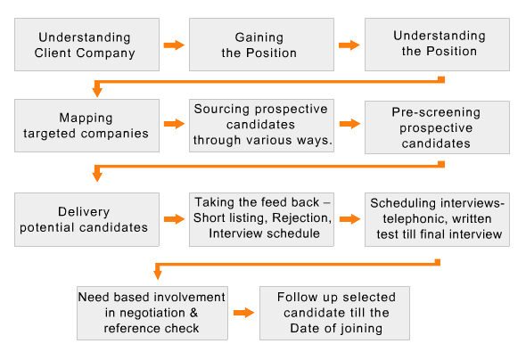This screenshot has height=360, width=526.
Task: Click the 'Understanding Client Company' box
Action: click(86, 45)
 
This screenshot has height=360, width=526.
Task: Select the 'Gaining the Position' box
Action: click(261, 45)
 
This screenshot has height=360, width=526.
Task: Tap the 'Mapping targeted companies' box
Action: click(86, 126)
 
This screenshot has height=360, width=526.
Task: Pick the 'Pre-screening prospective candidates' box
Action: click(437, 127)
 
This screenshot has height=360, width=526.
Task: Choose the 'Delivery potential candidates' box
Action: click(86, 219)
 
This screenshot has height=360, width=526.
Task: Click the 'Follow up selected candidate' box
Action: click(334, 313)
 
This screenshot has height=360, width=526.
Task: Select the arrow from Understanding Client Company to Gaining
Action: click(174, 45)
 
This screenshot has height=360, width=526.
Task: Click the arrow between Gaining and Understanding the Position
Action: click(349, 45)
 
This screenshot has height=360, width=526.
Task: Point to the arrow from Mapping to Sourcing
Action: click(174, 124)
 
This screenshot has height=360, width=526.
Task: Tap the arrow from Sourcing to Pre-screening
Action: click(349, 124)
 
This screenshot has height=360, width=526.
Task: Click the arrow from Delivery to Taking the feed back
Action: click(174, 219)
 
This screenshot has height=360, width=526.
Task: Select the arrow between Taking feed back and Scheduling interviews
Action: click(349, 219)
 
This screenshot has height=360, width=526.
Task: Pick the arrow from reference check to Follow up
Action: click(244, 313)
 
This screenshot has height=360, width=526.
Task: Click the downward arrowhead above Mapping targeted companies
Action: click(97, 92)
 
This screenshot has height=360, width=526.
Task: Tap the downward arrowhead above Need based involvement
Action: click(158, 274)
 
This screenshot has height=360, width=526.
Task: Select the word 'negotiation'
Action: click(152, 313)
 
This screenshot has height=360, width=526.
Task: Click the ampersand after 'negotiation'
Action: click(193, 313)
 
